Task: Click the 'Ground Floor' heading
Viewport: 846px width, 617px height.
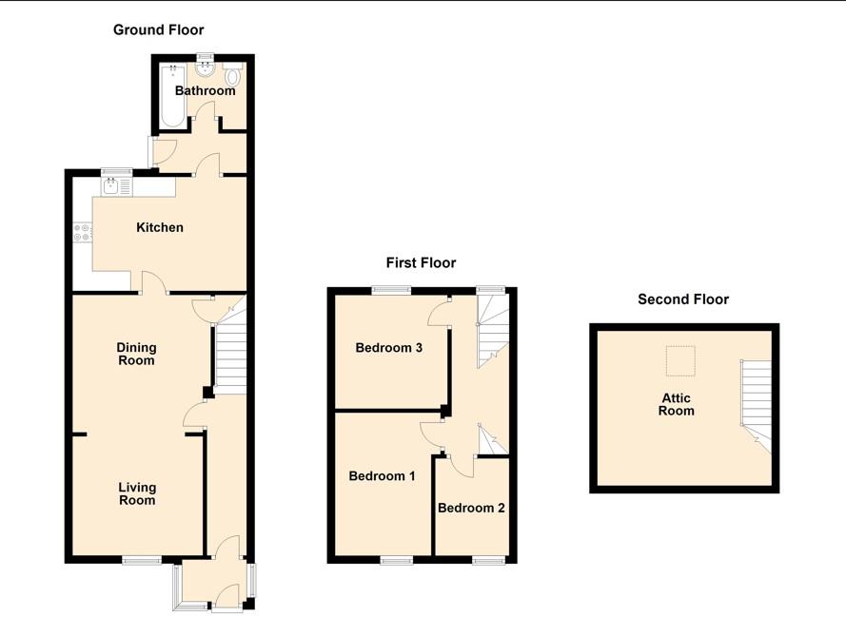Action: (158, 30)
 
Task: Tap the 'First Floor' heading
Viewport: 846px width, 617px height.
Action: (421, 262)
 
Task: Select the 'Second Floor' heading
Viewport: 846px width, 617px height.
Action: (682, 299)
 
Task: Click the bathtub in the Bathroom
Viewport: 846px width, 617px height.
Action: (172, 96)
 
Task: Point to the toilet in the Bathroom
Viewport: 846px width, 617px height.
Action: (233, 77)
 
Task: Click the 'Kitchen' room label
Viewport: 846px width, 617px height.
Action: (160, 227)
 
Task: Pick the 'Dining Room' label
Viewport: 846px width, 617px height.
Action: (136, 354)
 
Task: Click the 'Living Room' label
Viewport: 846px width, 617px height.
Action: (136, 493)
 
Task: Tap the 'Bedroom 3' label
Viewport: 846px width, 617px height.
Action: (388, 348)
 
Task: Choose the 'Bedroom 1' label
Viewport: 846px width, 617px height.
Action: (382, 475)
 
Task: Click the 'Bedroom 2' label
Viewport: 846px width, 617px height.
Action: (471, 508)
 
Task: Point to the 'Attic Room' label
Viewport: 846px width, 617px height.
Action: (678, 404)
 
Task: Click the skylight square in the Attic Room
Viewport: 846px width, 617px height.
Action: (679, 360)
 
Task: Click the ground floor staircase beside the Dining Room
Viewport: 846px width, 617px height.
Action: (228, 357)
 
